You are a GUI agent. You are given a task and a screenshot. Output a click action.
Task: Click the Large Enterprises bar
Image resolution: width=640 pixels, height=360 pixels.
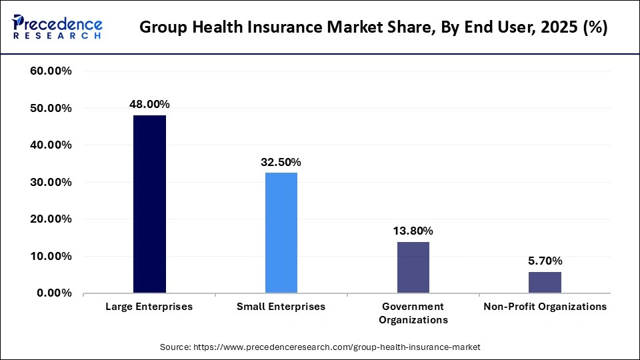[149, 204]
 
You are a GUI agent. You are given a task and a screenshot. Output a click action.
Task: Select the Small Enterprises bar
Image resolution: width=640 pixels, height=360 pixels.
[281, 233]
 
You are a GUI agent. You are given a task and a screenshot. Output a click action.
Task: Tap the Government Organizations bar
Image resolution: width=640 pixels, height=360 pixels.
[413, 267]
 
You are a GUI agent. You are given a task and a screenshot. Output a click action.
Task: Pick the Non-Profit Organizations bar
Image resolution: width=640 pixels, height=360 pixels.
[545, 282]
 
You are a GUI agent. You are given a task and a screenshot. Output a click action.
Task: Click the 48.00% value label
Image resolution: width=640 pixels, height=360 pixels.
[149, 104]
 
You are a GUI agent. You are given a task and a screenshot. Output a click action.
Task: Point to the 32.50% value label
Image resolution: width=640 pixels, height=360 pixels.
[281, 162]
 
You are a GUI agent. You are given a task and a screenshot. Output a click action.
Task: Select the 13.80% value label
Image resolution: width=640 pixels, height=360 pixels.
[413, 231]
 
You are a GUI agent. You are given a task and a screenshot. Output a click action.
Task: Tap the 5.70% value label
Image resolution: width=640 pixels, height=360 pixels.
[545, 261]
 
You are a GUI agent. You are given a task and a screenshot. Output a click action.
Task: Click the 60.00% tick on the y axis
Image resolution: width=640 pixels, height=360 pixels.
[51, 71]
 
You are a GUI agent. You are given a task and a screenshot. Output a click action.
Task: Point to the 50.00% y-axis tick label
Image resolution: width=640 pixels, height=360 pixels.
[51, 108]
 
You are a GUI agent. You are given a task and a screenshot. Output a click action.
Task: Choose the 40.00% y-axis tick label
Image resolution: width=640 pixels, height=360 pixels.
[51, 145]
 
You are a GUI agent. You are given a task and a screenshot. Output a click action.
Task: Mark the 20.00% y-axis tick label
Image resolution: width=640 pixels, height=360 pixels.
[51, 219]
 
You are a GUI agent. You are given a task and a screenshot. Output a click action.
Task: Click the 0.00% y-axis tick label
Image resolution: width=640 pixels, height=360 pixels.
[53, 293]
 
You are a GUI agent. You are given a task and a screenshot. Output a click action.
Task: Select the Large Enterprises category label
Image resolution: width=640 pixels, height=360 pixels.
[149, 307]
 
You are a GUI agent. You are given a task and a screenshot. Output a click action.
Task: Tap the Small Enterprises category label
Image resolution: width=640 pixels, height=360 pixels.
[281, 307]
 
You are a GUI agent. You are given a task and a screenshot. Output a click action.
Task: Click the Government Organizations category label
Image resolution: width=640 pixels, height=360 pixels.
[413, 313]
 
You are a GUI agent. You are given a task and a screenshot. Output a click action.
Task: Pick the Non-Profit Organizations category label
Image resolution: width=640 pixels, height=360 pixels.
[545, 307]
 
